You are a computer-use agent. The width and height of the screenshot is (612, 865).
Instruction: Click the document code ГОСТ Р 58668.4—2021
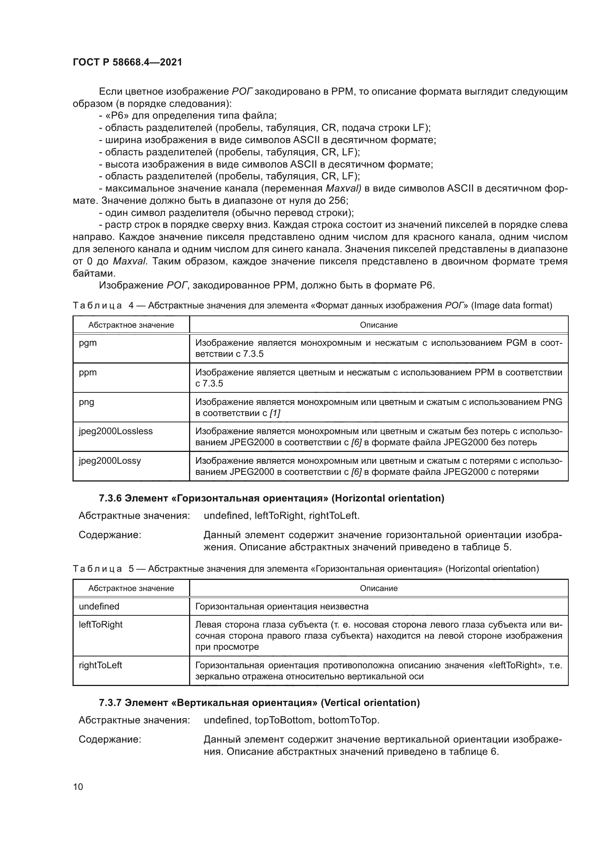[x=127, y=62]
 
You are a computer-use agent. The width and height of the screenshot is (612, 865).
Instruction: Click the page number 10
[x=78, y=787]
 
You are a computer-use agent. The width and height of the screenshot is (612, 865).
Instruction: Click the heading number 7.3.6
[x=110, y=499]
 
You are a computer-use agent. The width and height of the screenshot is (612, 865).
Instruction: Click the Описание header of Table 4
[x=379, y=325]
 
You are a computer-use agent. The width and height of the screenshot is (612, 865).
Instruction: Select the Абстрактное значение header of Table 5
[x=131, y=588]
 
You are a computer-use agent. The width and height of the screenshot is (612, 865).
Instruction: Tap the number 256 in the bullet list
[x=338, y=200]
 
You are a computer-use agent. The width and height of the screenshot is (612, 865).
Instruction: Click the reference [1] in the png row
[x=275, y=413]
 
